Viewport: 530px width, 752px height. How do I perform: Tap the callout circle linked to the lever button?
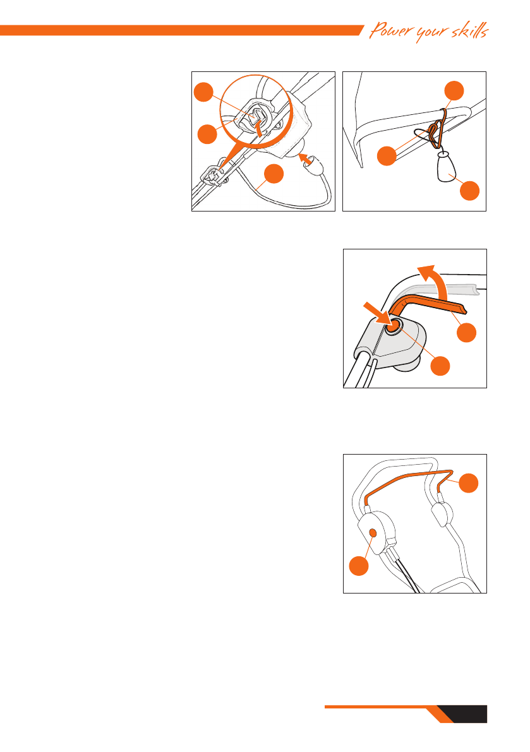[440, 366]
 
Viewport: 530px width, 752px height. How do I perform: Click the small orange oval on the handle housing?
[373, 533]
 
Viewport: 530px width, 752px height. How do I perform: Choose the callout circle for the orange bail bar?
[469, 482]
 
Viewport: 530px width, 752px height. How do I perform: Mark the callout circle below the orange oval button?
[359, 566]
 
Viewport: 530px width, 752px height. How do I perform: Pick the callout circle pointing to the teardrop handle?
[469, 190]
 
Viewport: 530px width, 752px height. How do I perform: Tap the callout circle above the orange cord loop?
[454, 91]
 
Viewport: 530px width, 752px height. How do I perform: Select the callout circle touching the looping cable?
[274, 173]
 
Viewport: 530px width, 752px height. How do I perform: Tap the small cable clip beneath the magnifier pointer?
[214, 177]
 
